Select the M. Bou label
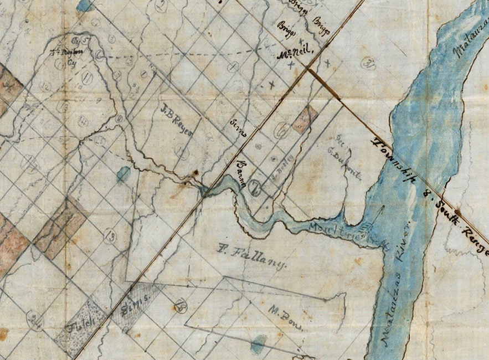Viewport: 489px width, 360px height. [286, 317]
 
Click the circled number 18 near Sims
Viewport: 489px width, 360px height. [179, 306]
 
